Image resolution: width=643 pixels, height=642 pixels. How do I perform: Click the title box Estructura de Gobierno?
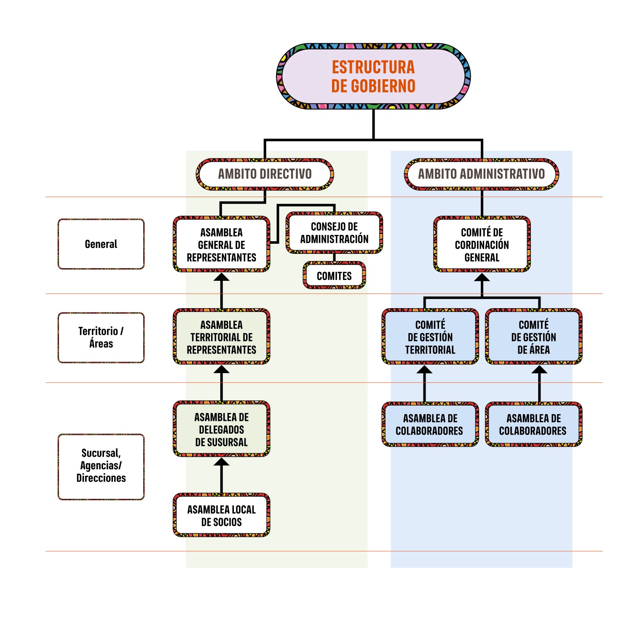[373, 76]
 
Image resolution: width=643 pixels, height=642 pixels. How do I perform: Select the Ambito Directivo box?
[265, 174]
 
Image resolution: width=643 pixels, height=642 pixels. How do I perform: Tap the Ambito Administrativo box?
[481, 174]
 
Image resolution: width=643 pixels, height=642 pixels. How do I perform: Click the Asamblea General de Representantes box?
[222, 245]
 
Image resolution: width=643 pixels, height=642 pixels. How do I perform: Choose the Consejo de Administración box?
[334, 233]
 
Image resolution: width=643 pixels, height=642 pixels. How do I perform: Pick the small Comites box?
[334, 276]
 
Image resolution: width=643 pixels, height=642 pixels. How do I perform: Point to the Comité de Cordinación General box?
[482, 245]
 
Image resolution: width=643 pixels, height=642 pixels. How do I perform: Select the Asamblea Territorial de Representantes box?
[222, 337]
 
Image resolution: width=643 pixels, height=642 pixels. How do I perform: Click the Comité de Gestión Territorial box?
[430, 337]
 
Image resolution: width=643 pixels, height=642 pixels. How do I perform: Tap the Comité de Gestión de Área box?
[533, 337]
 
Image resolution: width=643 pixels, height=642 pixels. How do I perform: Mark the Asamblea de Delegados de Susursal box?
[222, 429]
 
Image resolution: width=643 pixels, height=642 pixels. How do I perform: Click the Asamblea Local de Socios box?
[222, 515]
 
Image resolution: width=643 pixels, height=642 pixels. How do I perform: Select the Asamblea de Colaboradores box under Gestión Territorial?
[430, 424]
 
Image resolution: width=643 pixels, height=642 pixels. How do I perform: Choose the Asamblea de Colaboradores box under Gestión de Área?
[533, 424]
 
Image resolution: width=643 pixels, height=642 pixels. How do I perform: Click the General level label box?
[101, 244]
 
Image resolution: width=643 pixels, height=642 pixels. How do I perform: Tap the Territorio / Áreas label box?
[101, 337]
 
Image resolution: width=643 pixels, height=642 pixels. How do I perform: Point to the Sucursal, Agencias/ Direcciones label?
[101, 466]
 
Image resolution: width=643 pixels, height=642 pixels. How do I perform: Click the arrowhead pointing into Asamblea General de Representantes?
[222, 277]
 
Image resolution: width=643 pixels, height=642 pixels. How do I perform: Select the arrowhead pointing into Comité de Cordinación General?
[482, 278]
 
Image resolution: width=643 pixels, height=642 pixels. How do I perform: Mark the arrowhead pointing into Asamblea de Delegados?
[222, 462]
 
